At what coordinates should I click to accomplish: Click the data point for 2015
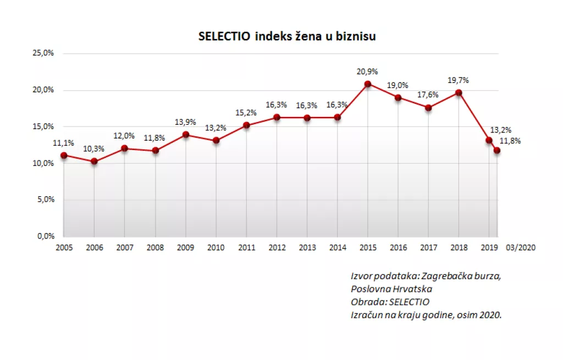coord(368,84)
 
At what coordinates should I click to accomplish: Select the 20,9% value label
coord(368,71)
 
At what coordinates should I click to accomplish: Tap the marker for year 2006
coord(94,161)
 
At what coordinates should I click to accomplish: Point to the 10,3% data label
coord(94,149)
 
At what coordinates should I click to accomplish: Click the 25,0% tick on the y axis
coord(43,53)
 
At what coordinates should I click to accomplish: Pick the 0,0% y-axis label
coord(45,236)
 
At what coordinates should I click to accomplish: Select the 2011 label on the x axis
coord(246,248)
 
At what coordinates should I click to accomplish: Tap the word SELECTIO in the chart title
coord(224,36)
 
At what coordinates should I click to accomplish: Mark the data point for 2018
coord(459,93)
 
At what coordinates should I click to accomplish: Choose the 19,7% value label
coord(459,80)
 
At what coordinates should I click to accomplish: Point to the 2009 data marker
coord(186,135)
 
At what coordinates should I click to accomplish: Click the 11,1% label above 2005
coord(64,143)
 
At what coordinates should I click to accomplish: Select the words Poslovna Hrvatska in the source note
coord(391,289)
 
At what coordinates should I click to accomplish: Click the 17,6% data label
coord(428,95)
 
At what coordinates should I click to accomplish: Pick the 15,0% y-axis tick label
coord(43,126)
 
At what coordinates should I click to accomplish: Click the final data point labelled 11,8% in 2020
coord(497,150)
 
